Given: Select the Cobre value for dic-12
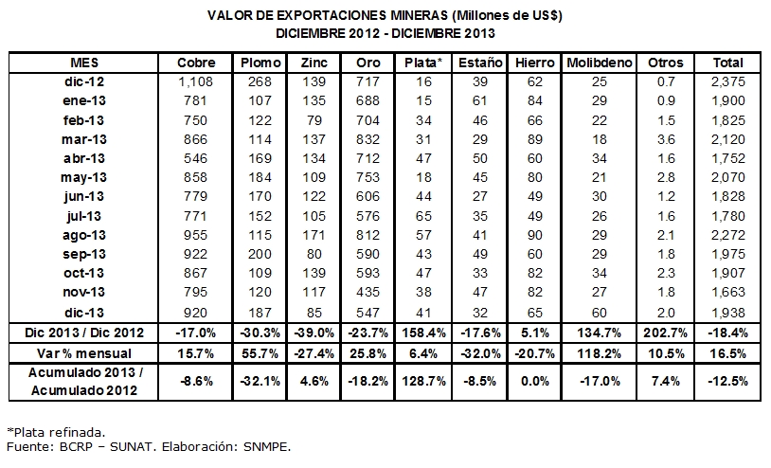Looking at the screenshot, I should (x=196, y=82).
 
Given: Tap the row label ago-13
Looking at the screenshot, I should (x=85, y=235).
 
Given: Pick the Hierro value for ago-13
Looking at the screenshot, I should (x=534, y=235).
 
